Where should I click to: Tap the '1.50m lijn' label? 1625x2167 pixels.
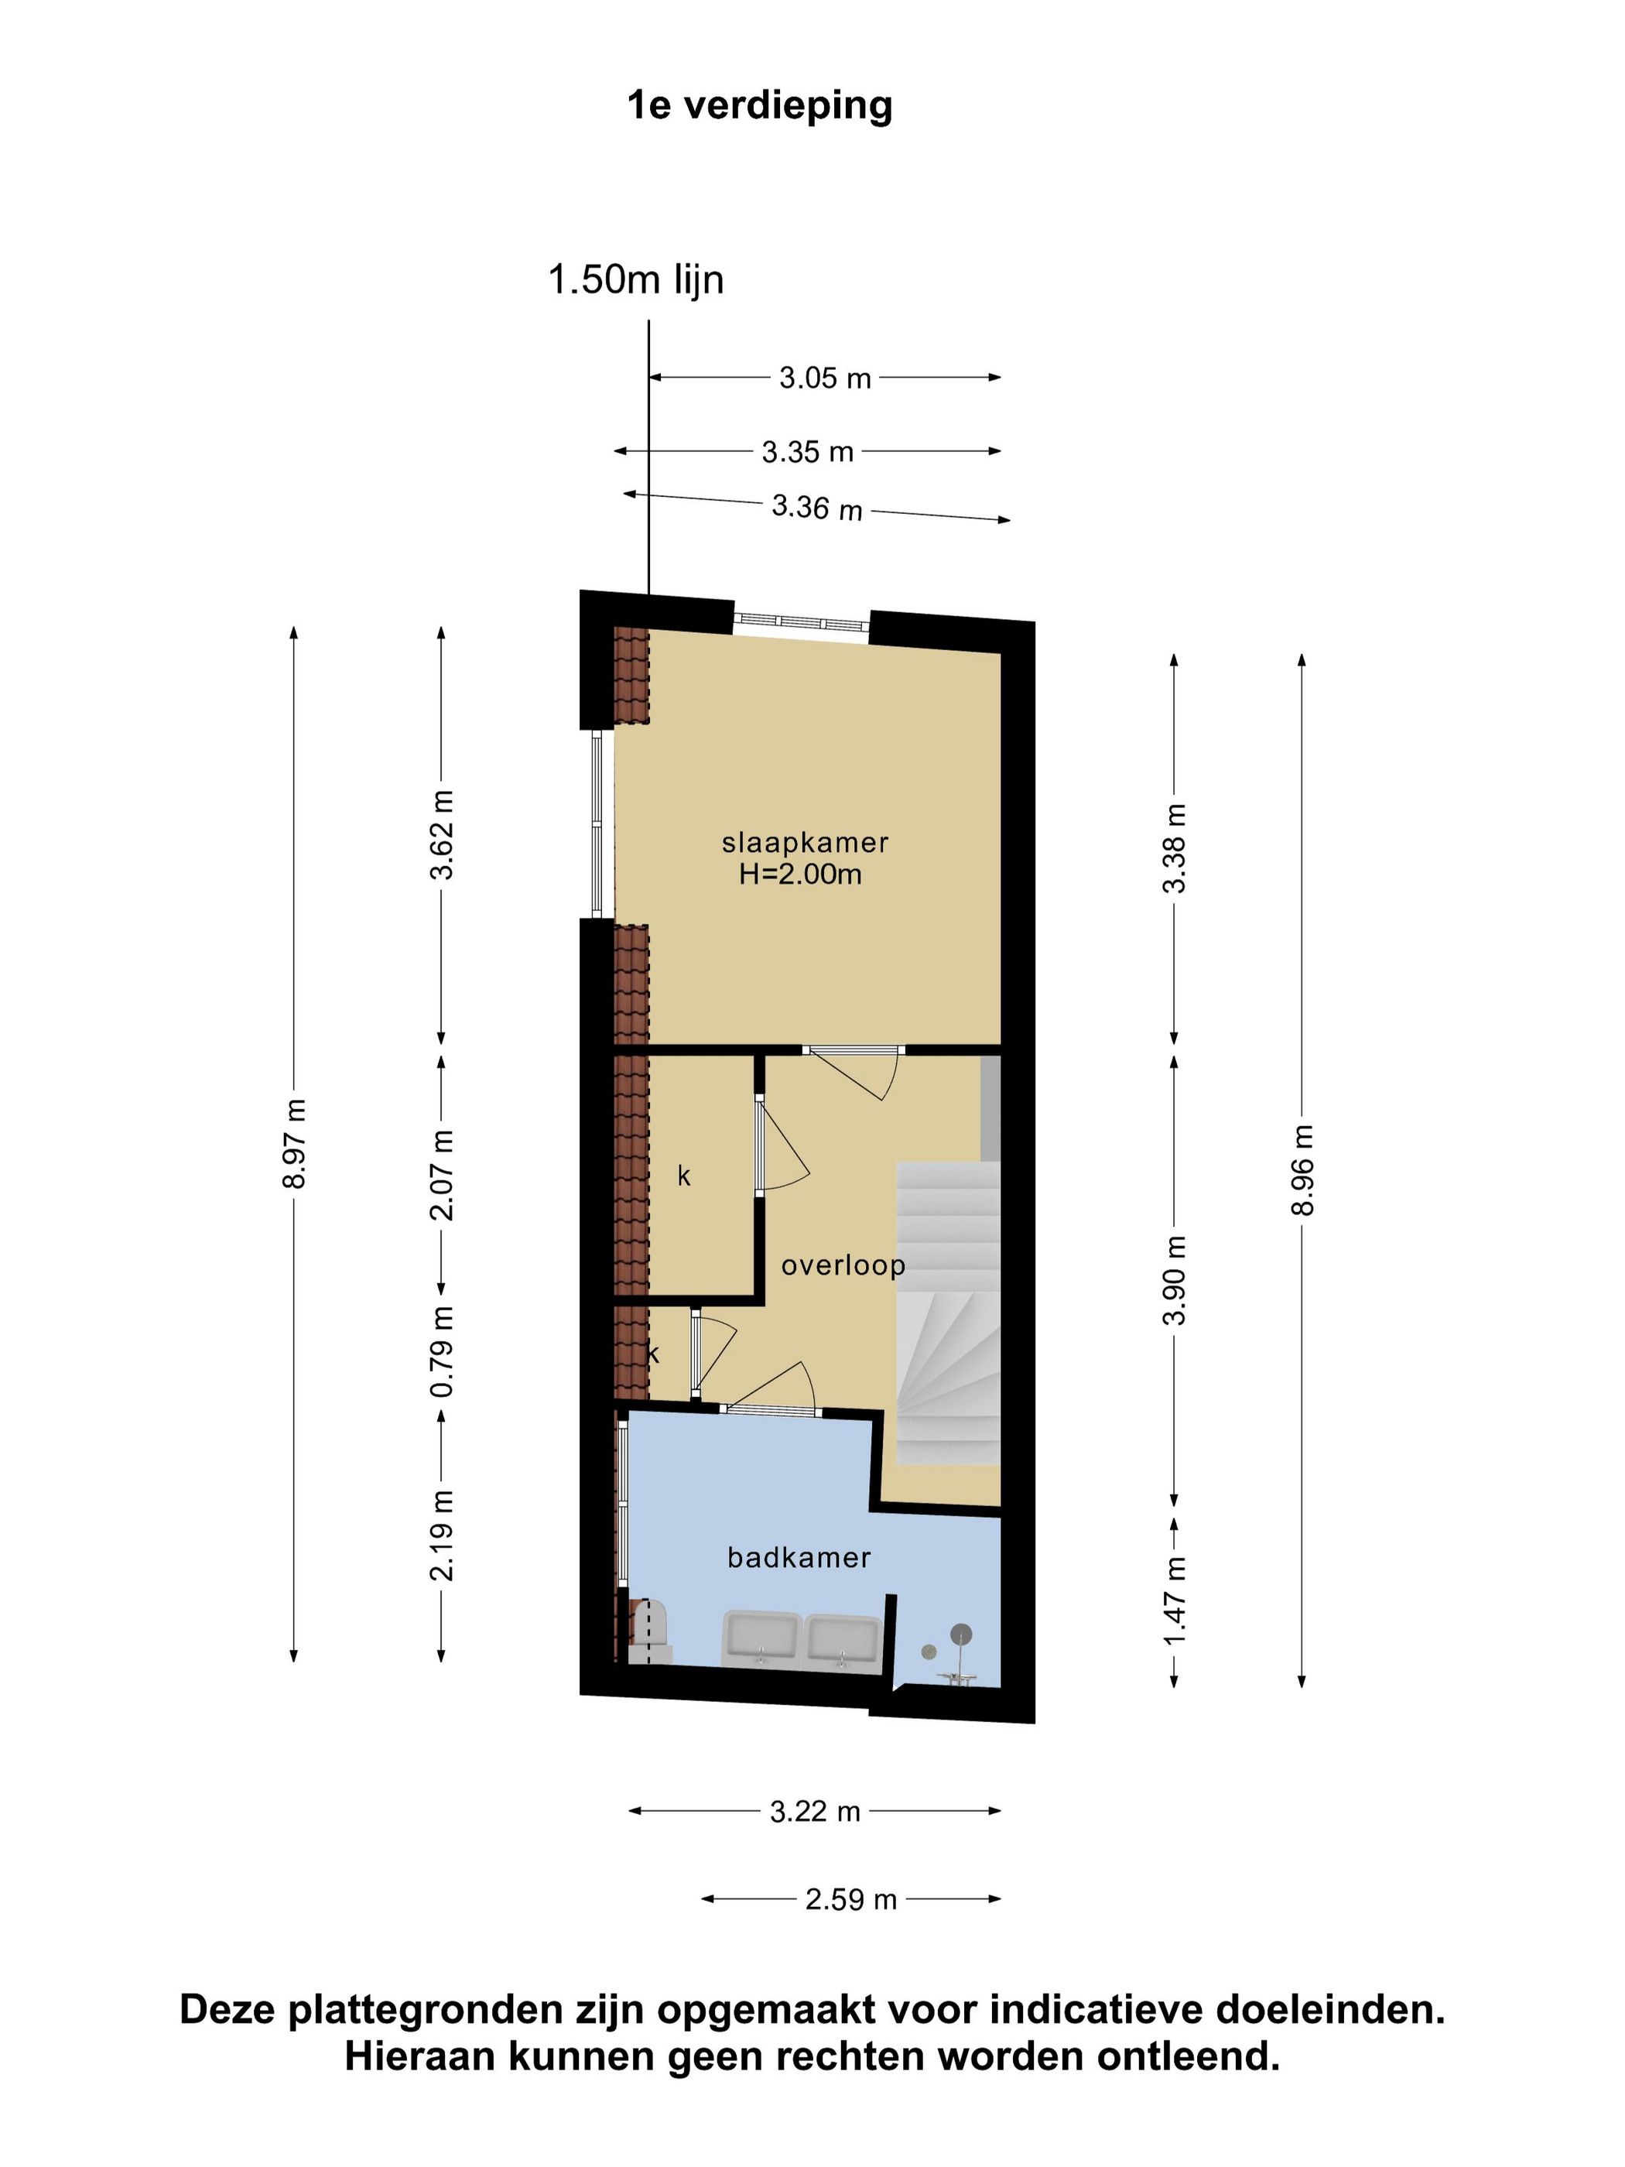(636, 280)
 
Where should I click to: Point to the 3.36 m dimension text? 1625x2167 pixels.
(817, 508)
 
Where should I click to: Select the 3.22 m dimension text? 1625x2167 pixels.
(815, 1812)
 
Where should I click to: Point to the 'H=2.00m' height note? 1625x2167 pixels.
(800, 874)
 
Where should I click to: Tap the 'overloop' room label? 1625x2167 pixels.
(843, 1265)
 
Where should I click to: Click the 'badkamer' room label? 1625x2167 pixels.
(799, 1558)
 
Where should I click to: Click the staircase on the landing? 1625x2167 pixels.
(948, 1313)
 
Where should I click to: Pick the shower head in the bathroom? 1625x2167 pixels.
(962, 1633)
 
